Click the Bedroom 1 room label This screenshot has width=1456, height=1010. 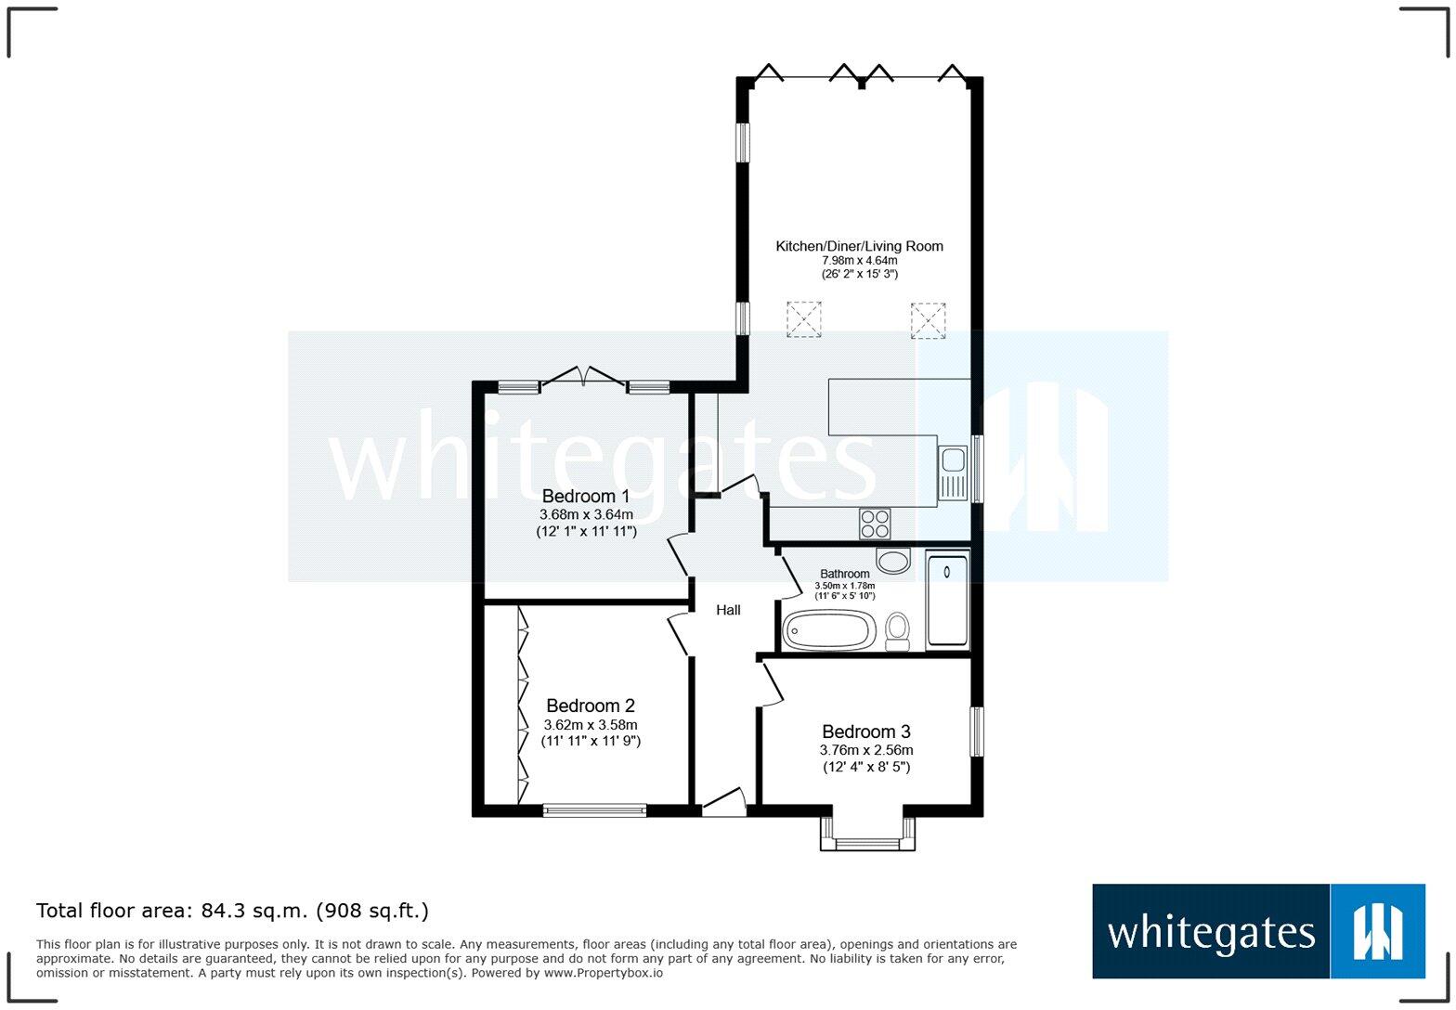tap(585, 496)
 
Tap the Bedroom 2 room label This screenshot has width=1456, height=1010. tap(591, 706)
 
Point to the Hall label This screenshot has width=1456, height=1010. tap(728, 610)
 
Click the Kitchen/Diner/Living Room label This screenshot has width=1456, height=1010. tap(859, 246)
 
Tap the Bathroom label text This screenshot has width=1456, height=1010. tap(844, 574)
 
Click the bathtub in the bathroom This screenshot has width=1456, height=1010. tap(828, 631)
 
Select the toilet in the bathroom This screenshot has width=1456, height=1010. tap(897, 630)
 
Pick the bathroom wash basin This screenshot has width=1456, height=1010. tap(894, 561)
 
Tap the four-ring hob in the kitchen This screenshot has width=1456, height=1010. tap(875, 524)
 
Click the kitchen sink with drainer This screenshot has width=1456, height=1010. tap(953, 473)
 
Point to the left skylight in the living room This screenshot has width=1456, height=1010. tap(804, 319)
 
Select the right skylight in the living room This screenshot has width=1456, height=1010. tap(928, 320)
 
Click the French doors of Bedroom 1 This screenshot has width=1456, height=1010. tap(583, 378)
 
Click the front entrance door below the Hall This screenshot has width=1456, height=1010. tap(724, 804)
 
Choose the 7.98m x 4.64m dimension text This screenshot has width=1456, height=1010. tap(859, 261)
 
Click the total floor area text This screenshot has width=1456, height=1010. tap(232, 911)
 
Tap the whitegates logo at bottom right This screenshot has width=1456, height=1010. tap(1258, 931)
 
